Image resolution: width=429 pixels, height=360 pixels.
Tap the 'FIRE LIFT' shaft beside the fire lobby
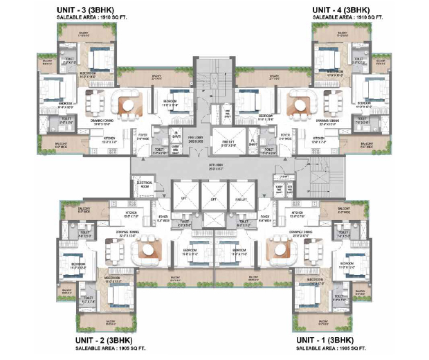228,141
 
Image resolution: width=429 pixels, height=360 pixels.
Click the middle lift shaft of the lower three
211,197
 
